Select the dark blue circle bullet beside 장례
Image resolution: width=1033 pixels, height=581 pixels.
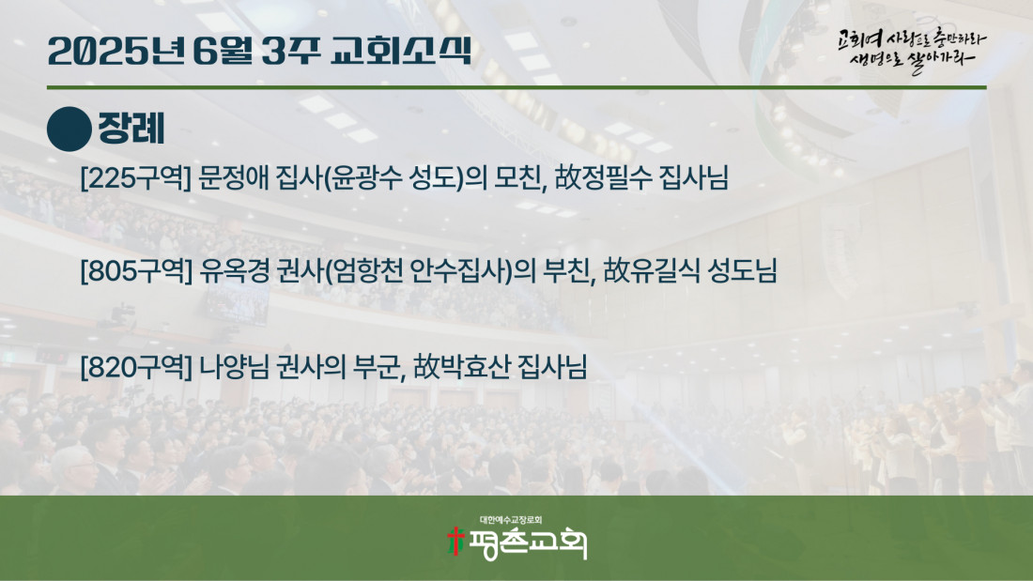pyautogui.click(x=69, y=130)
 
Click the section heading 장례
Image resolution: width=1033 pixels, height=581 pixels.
pyautogui.click(x=131, y=129)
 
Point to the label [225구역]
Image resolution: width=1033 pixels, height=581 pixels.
pyautogui.click(x=136, y=177)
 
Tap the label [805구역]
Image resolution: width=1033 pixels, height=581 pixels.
pyautogui.click(x=136, y=270)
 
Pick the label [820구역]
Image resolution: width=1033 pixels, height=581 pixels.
pyautogui.click(x=136, y=367)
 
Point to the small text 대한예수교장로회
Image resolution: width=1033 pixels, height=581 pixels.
pyautogui.click(x=511, y=520)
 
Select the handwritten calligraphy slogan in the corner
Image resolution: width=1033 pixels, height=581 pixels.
pyautogui.click(x=912, y=50)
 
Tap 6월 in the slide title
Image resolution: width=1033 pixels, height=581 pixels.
pyautogui.click(x=222, y=51)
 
